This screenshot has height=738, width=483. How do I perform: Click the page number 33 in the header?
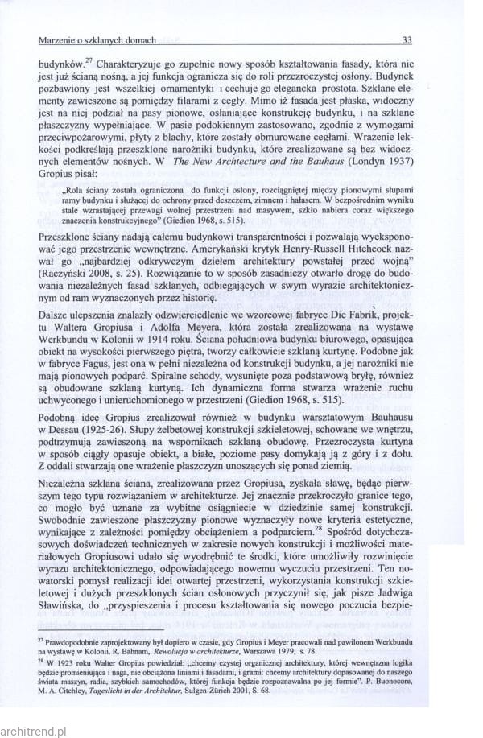[407, 39]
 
